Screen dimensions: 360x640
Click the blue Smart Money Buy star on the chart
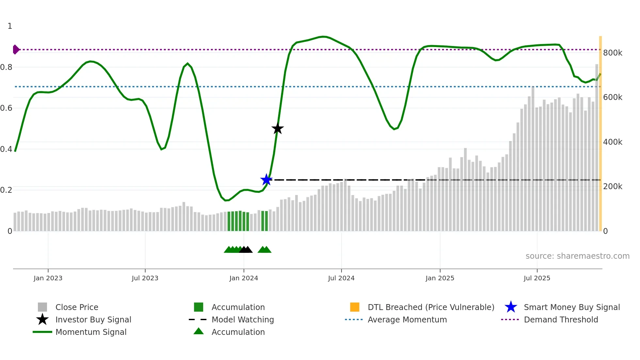click(266, 180)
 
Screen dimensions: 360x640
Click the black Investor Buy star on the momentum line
click(278, 129)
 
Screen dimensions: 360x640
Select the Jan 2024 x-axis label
click(244, 278)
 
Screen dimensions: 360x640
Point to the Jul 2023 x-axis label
click(145, 278)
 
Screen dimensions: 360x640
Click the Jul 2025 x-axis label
click(537, 278)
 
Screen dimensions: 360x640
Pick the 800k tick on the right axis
click(613, 53)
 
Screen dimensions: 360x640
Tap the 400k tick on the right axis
click(613, 142)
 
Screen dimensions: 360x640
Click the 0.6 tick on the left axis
click(6, 108)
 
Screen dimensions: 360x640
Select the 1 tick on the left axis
click(10, 26)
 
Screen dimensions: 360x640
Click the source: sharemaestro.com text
click(577, 256)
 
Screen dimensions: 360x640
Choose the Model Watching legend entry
click(243, 319)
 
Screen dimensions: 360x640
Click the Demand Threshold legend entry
click(561, 319)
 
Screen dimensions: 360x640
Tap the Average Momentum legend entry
click(407, 319)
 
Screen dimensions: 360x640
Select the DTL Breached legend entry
click(431, 307)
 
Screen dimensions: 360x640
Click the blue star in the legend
click(511, 307)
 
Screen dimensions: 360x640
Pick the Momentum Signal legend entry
click(91, 332)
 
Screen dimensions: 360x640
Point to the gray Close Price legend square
click(42, 307)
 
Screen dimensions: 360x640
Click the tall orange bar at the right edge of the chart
click(600, 131)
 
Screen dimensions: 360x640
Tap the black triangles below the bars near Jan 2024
click(246, 250)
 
